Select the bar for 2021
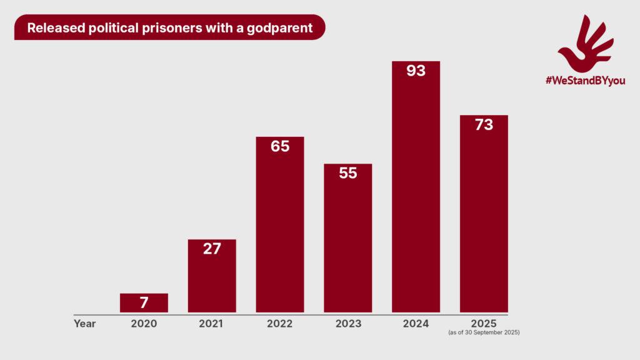click(212, 281)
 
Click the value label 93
click(416, 71)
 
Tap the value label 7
click(144, 303)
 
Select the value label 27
click(212, 248)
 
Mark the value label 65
click(280, 147)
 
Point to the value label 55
click(347, 173)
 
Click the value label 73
click(484, 125)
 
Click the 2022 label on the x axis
click(280, 324)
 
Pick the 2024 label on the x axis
click(416, 324)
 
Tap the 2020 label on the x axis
click(144, 324)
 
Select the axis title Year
click(84, 324)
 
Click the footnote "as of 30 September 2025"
click(484, 333)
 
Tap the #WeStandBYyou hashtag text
click(585, 81)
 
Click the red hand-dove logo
click(585, 44)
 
